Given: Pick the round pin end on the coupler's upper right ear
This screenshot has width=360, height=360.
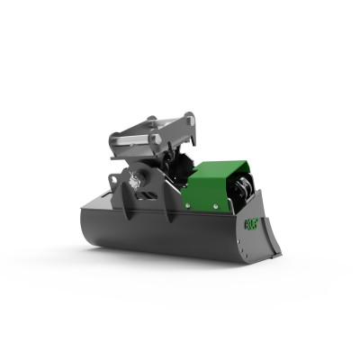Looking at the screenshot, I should [189, 117].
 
